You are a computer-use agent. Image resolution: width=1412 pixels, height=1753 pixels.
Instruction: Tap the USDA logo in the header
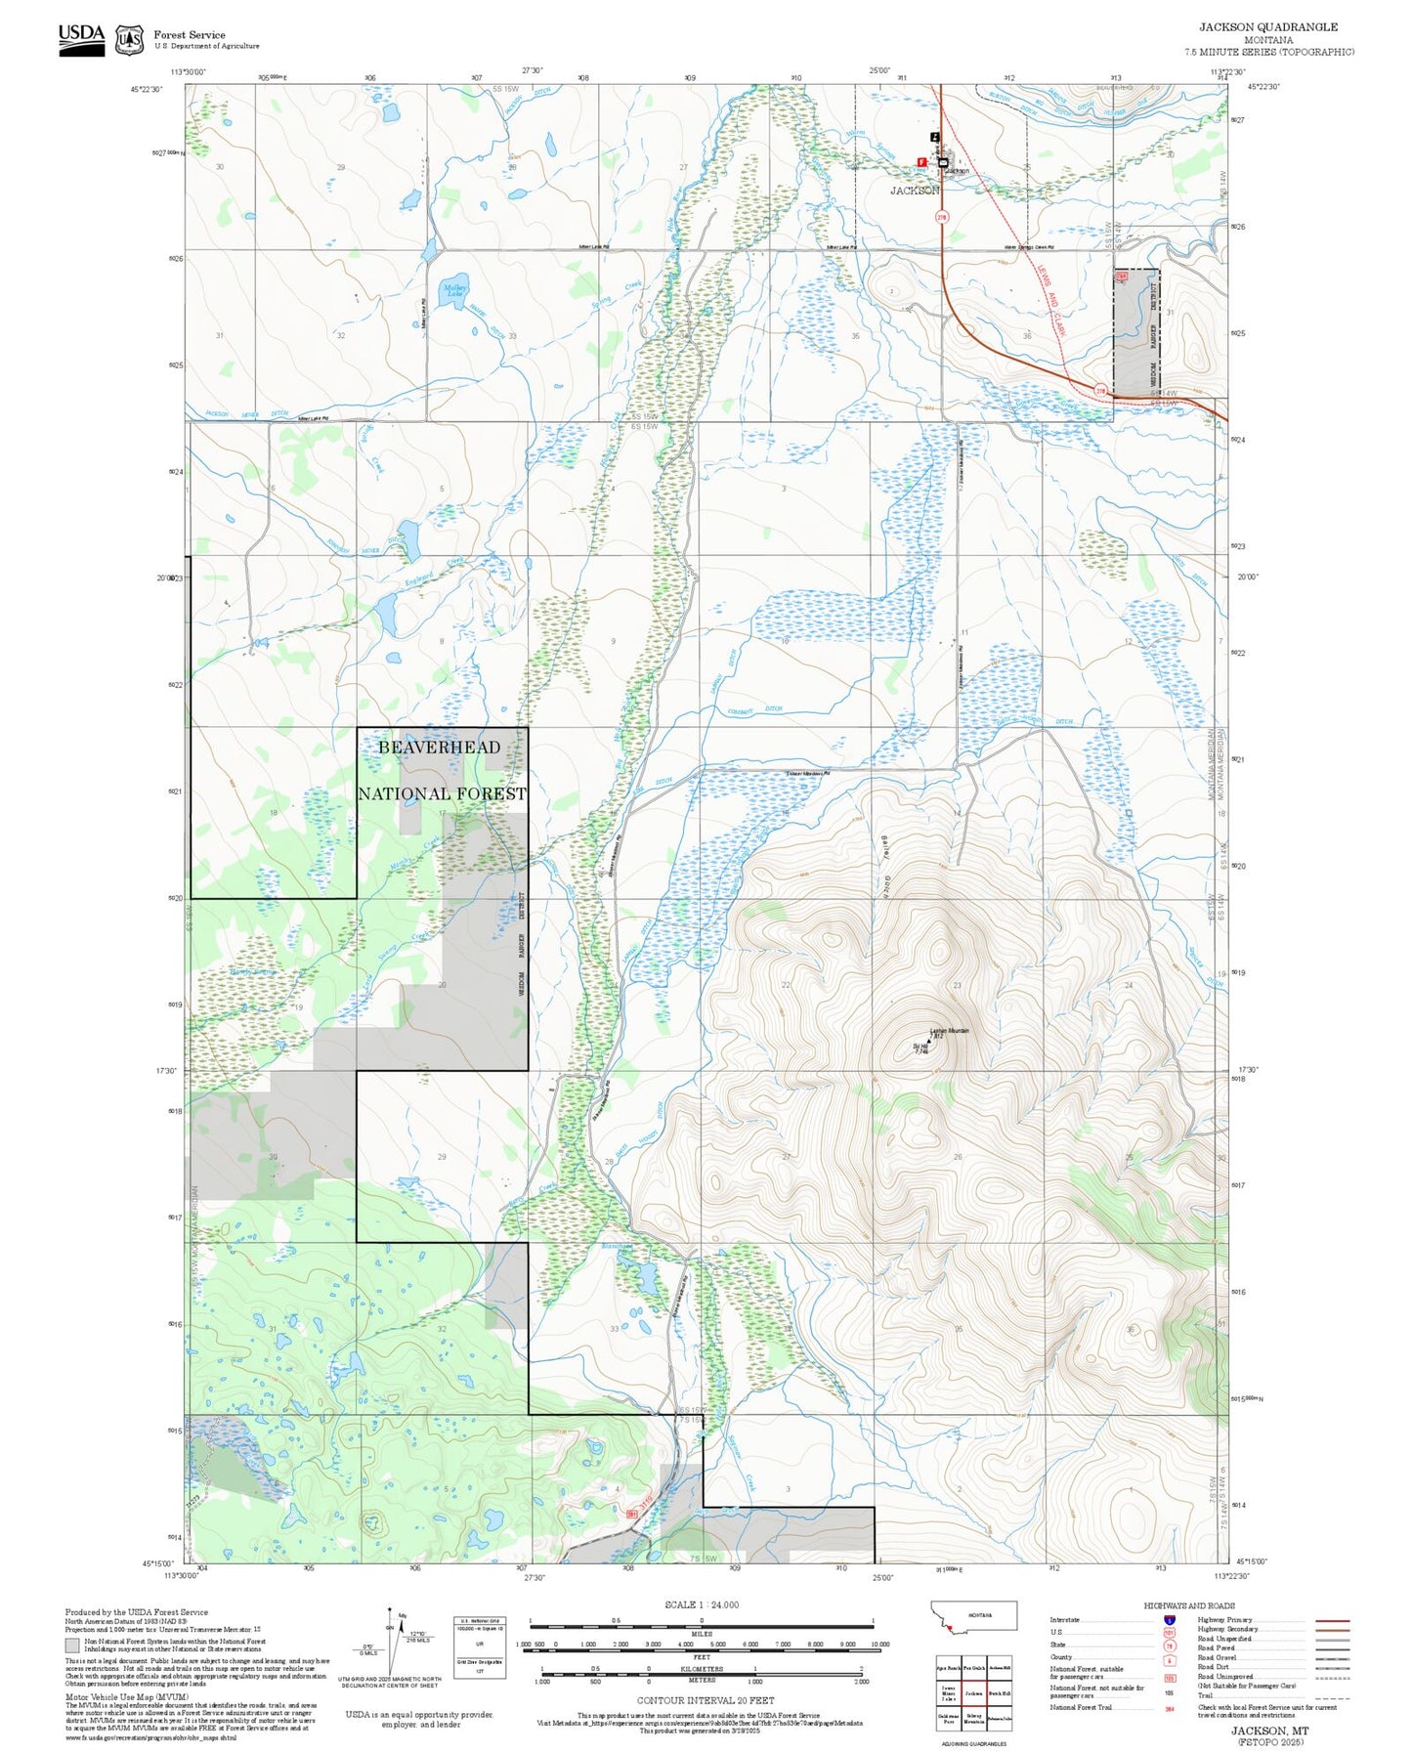[x=81, y=39]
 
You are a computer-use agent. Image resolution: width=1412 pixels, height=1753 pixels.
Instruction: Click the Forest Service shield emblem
[x=129, y=40]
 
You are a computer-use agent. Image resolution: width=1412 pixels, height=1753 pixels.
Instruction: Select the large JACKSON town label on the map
[x=915, y=191]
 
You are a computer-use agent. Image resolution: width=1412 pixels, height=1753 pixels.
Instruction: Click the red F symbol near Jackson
[x=921, y=162]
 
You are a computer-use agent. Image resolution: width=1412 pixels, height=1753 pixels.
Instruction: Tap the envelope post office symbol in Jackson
[x=943, y=162]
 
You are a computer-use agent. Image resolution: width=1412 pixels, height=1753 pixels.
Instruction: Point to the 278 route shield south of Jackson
[x=942, y=217]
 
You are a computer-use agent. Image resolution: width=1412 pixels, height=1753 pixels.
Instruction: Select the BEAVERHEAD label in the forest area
[x=439, y=748]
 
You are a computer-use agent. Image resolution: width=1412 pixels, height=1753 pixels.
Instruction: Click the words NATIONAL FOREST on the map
[x=442, y=794]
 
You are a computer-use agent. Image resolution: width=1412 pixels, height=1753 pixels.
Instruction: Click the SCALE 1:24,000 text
[x=701, y=1604]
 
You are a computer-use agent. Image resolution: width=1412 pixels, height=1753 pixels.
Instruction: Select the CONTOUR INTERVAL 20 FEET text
[x=705, y=1701]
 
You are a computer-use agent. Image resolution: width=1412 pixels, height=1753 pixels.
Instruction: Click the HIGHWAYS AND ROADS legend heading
[x=1188, y=1605]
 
